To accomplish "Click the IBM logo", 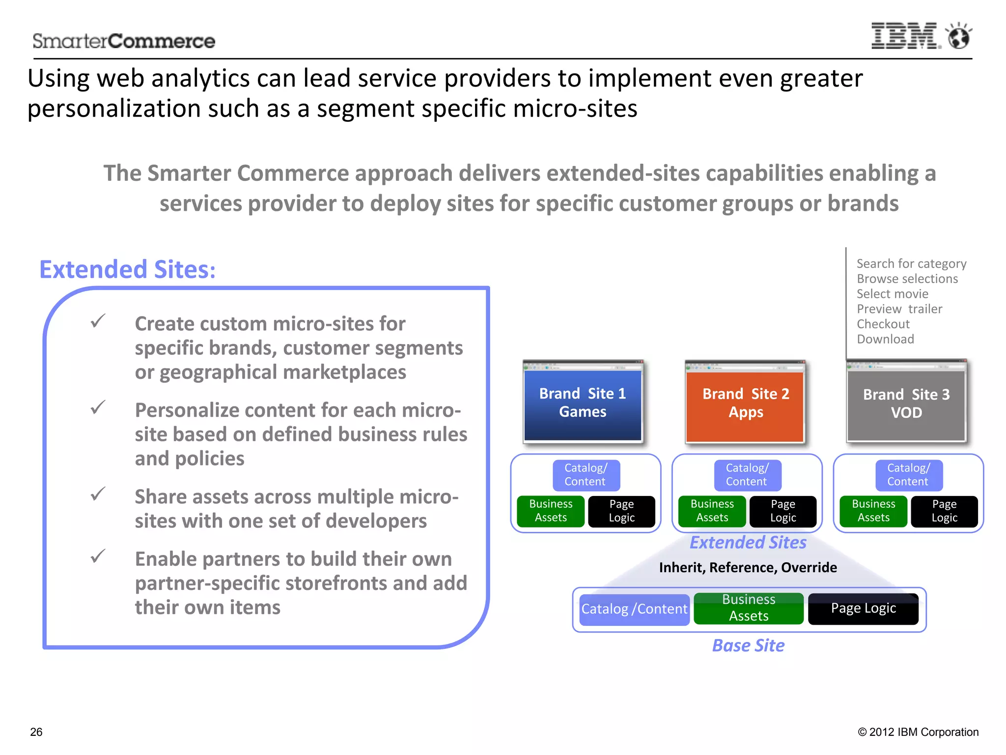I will (905, 36).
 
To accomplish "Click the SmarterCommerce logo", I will (124, 41).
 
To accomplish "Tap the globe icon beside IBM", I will (958, 36).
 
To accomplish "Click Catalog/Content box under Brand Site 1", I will (586, 475).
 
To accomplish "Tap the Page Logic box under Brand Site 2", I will (782, 511).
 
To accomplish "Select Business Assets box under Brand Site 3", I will (873, 511).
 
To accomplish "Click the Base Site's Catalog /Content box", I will (634, 610).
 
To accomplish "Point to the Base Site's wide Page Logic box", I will (863, 609).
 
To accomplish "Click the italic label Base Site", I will (748, 645).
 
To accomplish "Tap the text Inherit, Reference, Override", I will (748, 568).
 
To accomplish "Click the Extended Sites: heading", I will (127, 269).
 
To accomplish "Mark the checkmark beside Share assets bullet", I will (98, 494).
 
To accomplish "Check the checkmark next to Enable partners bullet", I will (98, 556).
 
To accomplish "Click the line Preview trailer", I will (899, 309).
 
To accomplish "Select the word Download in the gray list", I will (885, 339).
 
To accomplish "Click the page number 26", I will (36, 732).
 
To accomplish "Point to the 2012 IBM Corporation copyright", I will (918, 732).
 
